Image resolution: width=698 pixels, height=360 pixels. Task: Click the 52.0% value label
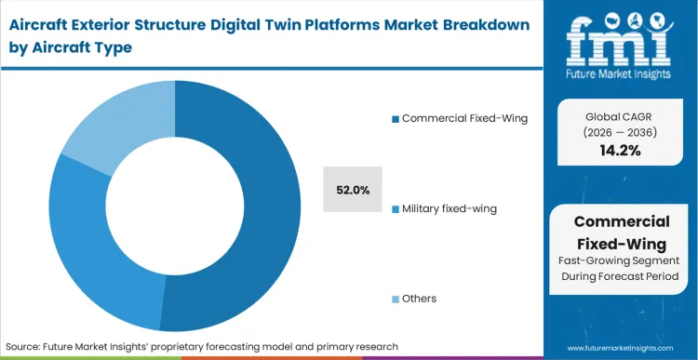coord(353,190)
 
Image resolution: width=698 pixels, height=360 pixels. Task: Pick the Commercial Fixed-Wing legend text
coord(464,118)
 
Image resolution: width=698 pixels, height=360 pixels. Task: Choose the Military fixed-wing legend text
coord(450,208)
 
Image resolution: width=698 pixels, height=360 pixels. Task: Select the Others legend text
coord(420,299)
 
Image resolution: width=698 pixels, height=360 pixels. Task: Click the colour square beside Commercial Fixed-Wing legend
coord(396,118)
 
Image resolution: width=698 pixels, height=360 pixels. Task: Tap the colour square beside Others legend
coord(396,299)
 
